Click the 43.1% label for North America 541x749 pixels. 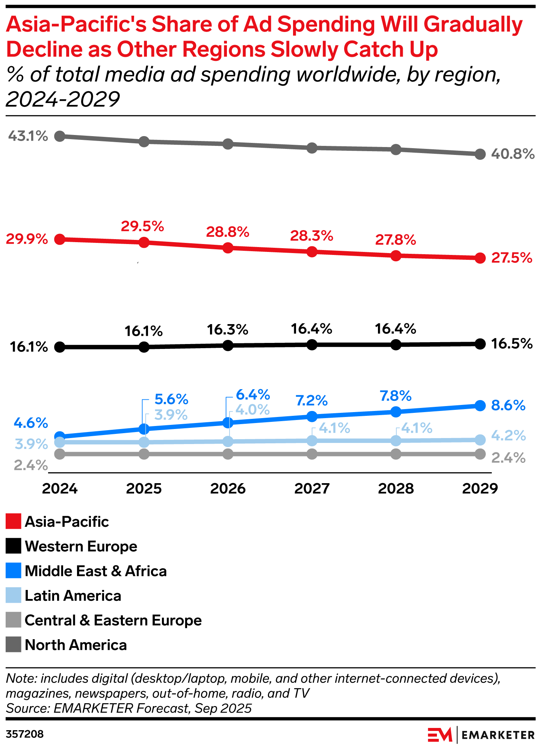point(28,136)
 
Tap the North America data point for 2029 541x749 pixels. point(480,154)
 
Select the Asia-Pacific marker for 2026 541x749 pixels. point(228,248)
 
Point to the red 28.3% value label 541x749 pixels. point(311,236)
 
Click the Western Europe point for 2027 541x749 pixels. point(312,344)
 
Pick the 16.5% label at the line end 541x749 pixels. point(512,344)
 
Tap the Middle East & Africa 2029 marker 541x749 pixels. point(480,405)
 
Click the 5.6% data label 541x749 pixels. point(171,399)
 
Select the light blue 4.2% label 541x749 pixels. point(508,435)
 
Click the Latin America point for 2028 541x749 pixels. point(396,440)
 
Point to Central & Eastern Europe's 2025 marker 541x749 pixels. point(144,454)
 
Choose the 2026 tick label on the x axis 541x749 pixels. point(228,488)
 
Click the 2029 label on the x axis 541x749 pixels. point(480,488)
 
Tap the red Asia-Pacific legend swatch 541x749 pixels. point(14,522)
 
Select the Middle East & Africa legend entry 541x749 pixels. point(95,571)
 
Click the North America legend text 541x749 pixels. point(76,645)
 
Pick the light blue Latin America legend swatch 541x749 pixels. point(14,596)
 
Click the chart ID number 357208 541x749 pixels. point(25,734)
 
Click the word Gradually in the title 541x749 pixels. point(473,25)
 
